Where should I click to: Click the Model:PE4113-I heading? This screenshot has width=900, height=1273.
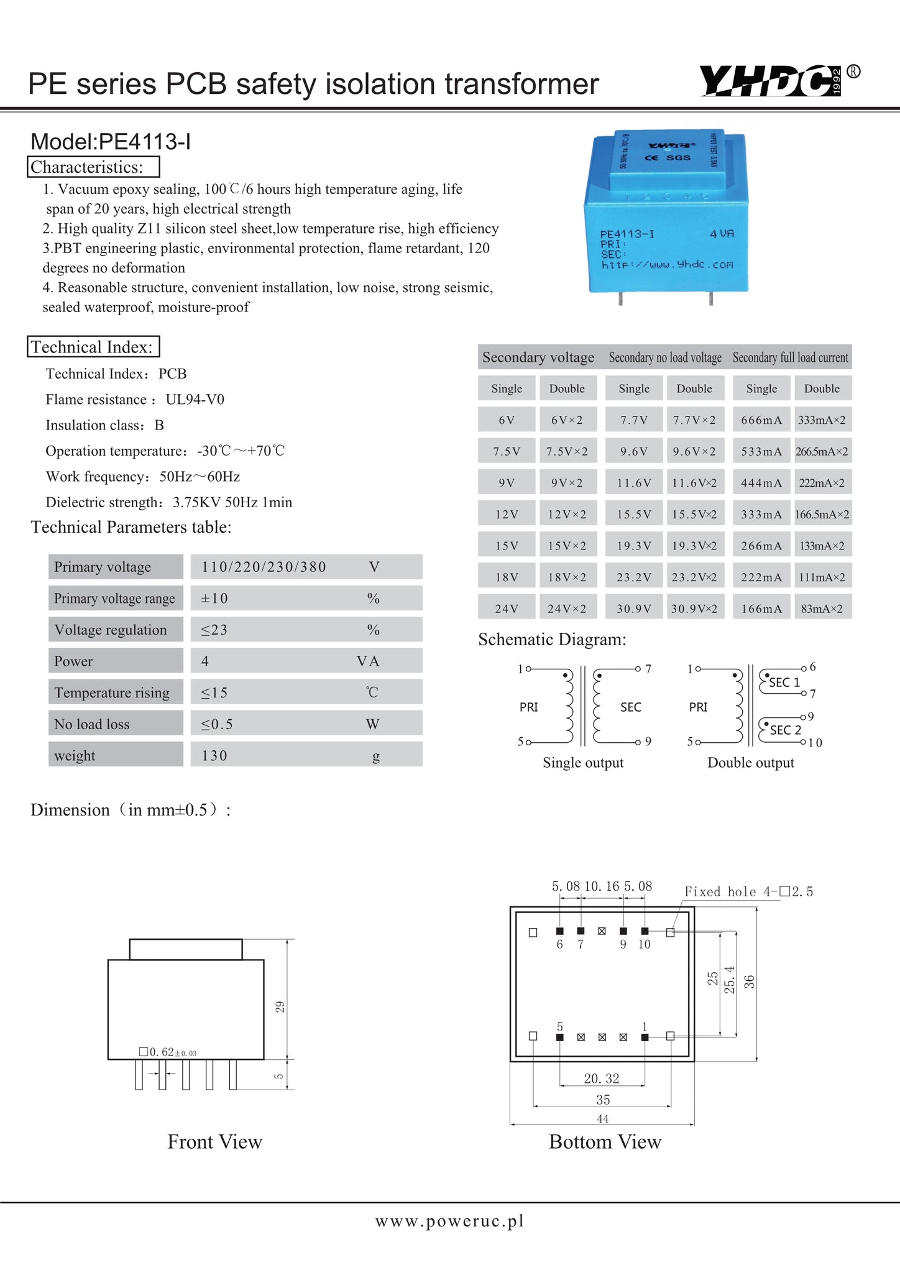tap(111, 142)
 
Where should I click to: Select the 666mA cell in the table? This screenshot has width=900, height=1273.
tap(761, 420)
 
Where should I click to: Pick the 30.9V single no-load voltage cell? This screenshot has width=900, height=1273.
tap(634, 609)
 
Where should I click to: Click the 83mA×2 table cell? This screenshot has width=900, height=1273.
tap(822, 609)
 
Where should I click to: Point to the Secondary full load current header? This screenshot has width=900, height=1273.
tap(790, 357)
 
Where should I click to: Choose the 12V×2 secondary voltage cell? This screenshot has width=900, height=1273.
tap(567, 515)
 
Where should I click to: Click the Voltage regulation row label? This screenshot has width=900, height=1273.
tap(111, 630)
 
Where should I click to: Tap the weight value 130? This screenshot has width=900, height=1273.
tap(214, 755)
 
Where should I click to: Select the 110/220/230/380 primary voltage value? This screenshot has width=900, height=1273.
tap(264, 567)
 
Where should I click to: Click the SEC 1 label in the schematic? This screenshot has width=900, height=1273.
tap(784, 682)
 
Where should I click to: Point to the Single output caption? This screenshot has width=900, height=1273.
tap(583, 763)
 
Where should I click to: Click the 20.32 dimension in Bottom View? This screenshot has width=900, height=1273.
tap(602, 1078)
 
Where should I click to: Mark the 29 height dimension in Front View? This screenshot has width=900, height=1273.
tap(280, 1007)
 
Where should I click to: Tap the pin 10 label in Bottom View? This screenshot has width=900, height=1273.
tap(644, 945)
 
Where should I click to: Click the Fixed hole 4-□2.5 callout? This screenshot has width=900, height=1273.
tap(748, 892)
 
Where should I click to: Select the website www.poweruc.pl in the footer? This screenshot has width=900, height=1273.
tap(449, 1221)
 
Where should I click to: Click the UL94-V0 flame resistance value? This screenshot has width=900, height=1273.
tap(195, 400)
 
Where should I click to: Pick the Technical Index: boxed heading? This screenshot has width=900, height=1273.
tap(93, 347)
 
